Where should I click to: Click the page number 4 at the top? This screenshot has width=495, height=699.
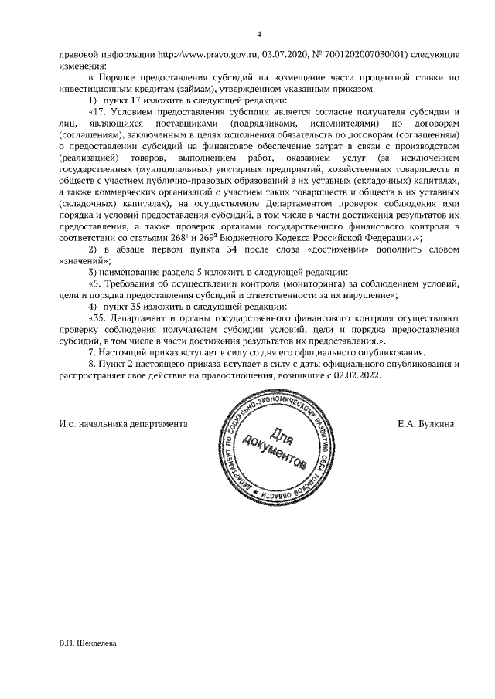[x=259, y=33]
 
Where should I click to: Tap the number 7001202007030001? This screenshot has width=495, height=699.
[x=353, y=56]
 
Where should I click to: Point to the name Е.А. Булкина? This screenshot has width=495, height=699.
[x=426, y=424]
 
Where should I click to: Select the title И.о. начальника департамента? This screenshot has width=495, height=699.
[x=124, y=424]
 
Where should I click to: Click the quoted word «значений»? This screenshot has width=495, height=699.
[x=84, y=262]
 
